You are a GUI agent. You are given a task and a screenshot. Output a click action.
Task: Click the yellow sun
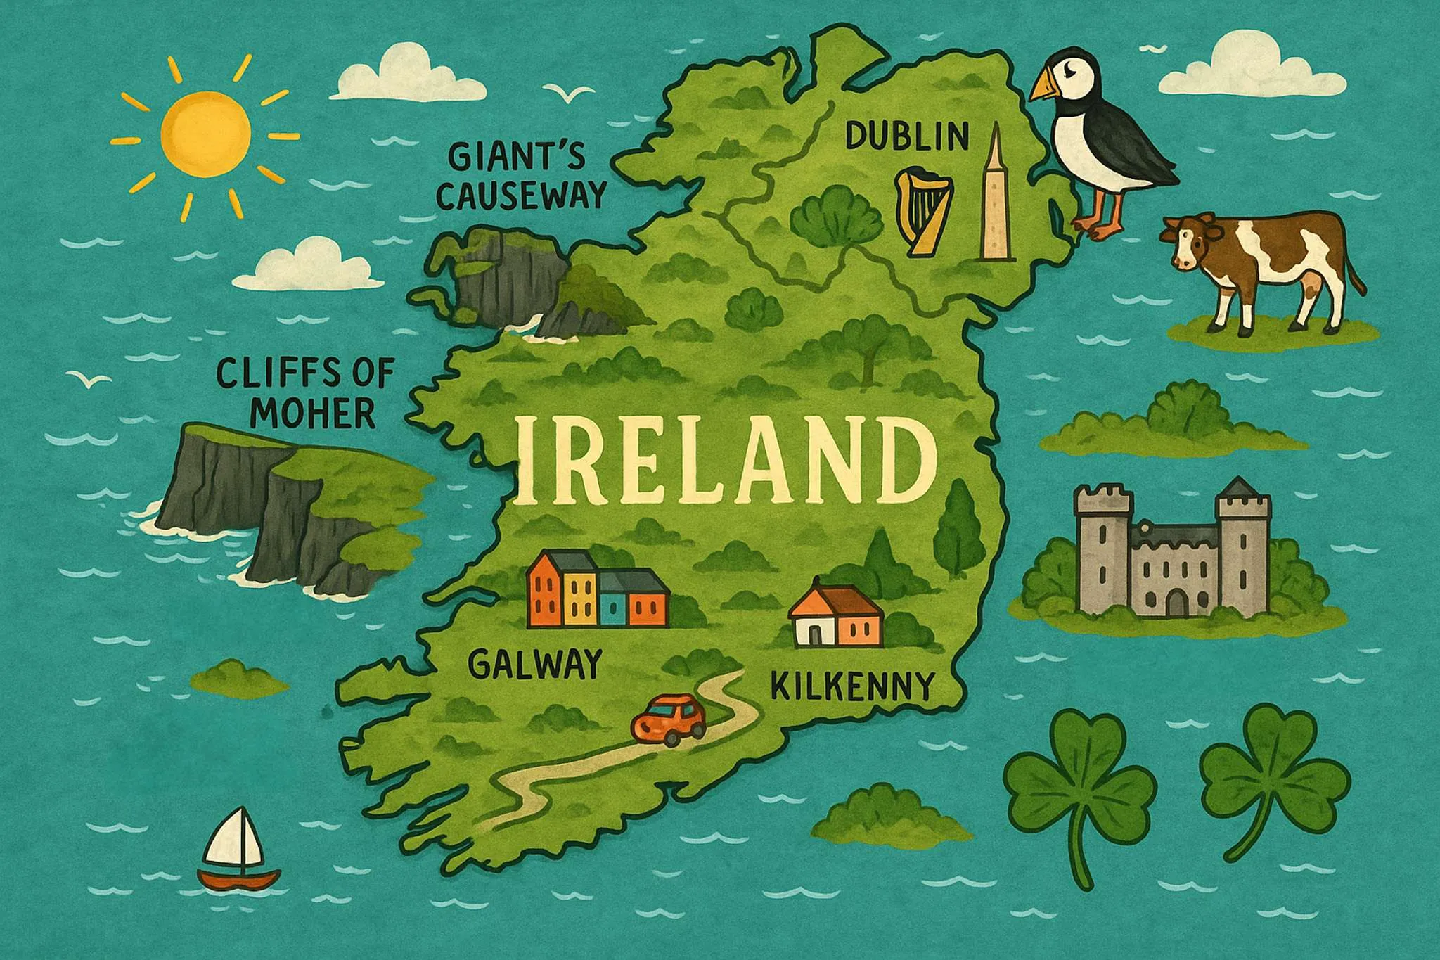(205, 134)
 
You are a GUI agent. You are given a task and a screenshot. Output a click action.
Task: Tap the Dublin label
(906, 136)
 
